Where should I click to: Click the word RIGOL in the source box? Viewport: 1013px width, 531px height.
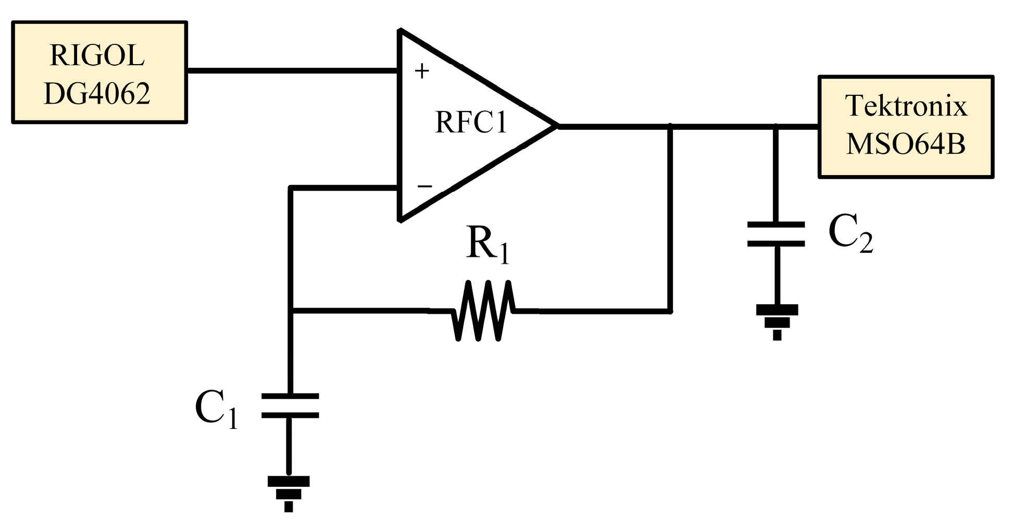97,55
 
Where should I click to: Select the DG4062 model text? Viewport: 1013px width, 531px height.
97,94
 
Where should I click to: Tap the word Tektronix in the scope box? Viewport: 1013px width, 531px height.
906,106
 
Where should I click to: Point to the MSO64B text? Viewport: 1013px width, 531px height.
906,144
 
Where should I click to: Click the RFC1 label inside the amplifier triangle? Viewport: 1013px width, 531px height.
471,123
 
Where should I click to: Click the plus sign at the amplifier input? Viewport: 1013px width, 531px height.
422,71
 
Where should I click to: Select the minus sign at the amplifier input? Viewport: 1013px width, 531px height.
425,186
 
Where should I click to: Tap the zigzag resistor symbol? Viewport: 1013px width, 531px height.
483,311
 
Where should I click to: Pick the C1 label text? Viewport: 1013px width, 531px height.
216,409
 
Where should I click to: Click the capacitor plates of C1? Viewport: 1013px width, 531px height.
290,406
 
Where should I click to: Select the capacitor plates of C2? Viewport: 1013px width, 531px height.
776,234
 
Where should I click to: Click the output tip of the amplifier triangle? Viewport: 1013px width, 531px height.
556,126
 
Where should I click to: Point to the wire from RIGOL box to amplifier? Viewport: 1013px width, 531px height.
292,70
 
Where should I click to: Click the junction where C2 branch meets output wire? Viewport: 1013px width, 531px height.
776,126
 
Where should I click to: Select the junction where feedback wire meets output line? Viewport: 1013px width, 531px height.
670,126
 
